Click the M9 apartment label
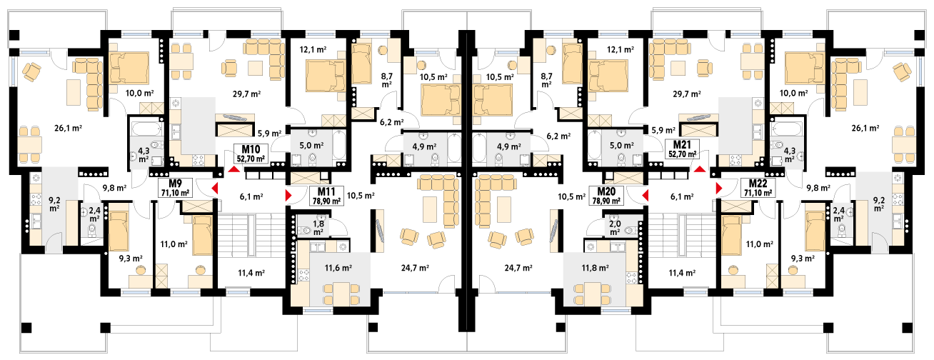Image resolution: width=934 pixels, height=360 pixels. tap(175, 184)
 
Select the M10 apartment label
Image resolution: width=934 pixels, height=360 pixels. tap(251, 149)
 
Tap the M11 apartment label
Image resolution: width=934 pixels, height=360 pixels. tap(326, 191)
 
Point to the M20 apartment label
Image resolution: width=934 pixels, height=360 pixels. tap(606, 191)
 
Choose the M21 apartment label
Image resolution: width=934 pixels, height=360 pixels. tap(682, 145)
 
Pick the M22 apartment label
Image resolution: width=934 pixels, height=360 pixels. tap(758, 184)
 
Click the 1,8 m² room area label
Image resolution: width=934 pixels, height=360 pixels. tap(318, 228)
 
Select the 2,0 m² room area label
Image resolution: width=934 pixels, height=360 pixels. tap(615, 228)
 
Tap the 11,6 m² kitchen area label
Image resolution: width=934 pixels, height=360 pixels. tap(338, 268)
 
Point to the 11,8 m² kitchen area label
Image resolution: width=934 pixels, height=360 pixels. tap(595, 268)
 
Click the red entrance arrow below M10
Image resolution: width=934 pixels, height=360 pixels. tap(234, 169)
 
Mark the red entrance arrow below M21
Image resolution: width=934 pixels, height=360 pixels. tap(699, 169)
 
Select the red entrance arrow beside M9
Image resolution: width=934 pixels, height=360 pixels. tap(215, 189)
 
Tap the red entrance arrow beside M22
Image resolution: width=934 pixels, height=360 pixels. tap(719, 189)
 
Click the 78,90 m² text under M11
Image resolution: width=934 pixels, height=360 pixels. tap(326, 201)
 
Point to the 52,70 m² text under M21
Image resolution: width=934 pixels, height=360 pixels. tap(682, 154)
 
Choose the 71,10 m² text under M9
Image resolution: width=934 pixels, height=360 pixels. tap(175, 193)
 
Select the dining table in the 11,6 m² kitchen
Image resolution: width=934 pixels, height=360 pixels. tap(341, 294)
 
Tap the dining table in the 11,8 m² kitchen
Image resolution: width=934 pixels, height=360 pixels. tap(592, 294)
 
